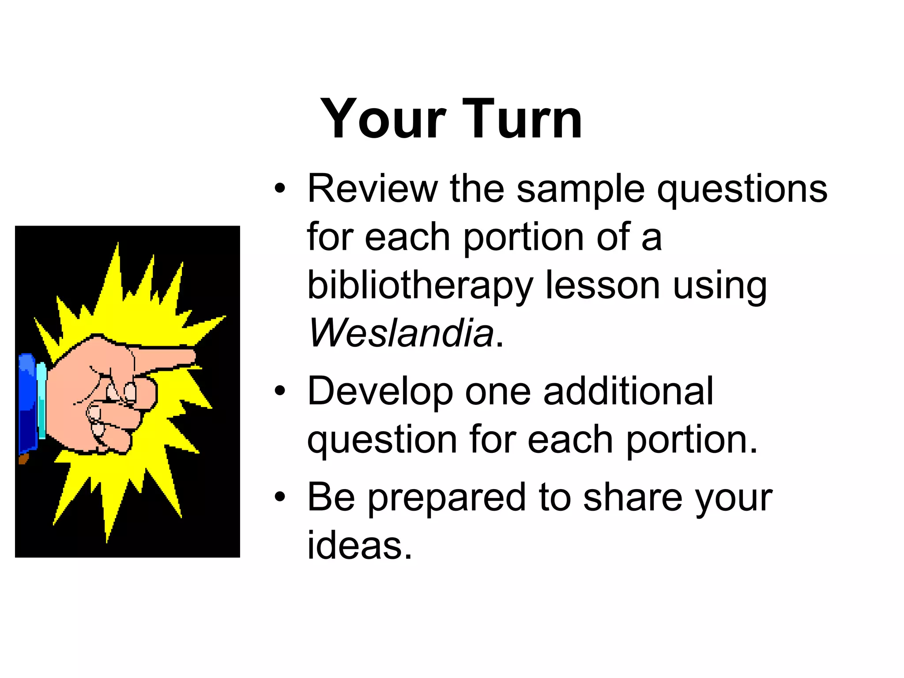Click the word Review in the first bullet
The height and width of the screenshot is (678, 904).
coord(372,188)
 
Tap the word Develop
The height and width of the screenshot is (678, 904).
coord(380,392)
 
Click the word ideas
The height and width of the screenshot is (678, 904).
coord(359,546)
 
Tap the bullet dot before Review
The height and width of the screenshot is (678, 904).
coord(280,189)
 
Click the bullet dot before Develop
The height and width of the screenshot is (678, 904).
coord(280,391)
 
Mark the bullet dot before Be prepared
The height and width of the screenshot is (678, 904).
coord(280,497)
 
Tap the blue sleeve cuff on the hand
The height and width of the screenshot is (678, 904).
coord(27,404)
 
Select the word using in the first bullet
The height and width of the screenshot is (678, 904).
coord(720,286)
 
